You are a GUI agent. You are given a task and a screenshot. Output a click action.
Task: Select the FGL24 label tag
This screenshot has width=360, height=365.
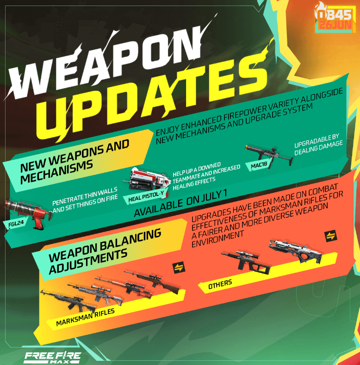[16, 224]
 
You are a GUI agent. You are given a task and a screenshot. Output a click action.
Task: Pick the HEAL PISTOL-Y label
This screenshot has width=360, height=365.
[146, 196]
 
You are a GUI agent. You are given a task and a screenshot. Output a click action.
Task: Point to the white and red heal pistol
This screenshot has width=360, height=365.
[147, 179]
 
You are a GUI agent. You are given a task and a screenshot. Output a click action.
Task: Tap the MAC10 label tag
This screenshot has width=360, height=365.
[259, 166]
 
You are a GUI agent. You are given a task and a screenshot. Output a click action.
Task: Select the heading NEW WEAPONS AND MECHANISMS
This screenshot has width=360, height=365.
[74, 161]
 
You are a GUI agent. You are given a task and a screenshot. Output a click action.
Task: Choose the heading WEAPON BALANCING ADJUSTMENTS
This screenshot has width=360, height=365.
[105, 251]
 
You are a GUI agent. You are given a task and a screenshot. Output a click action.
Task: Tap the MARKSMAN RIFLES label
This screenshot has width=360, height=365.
[85, 317]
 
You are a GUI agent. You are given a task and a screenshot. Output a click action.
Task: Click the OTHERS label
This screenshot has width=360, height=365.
[220, 284]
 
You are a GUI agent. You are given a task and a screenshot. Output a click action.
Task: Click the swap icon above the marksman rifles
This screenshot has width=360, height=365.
[179, 267]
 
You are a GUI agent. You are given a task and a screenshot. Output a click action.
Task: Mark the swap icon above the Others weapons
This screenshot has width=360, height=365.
[331, 236]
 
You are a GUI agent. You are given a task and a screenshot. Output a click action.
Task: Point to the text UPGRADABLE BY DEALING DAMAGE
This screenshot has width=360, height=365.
[318, 144]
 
